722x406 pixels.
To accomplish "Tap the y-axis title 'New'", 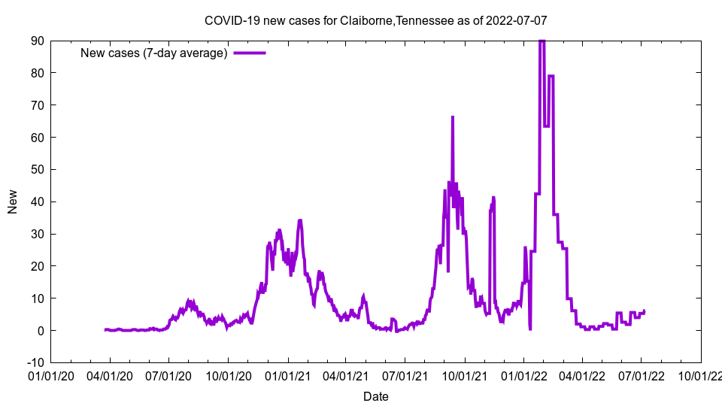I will [x=13, y=201].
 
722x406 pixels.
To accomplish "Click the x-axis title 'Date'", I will [x=375, y=396].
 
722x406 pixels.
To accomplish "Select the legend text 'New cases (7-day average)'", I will [x=153, y=53].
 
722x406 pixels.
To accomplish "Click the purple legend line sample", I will [x=250, y=53].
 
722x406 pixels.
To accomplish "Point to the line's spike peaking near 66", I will [x=453, y=117].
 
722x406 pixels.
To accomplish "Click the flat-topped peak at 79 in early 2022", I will [x=551, y=76].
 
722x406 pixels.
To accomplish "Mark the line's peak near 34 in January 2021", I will [x=300, y=220].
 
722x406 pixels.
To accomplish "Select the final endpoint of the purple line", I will [x=644, y=311].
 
